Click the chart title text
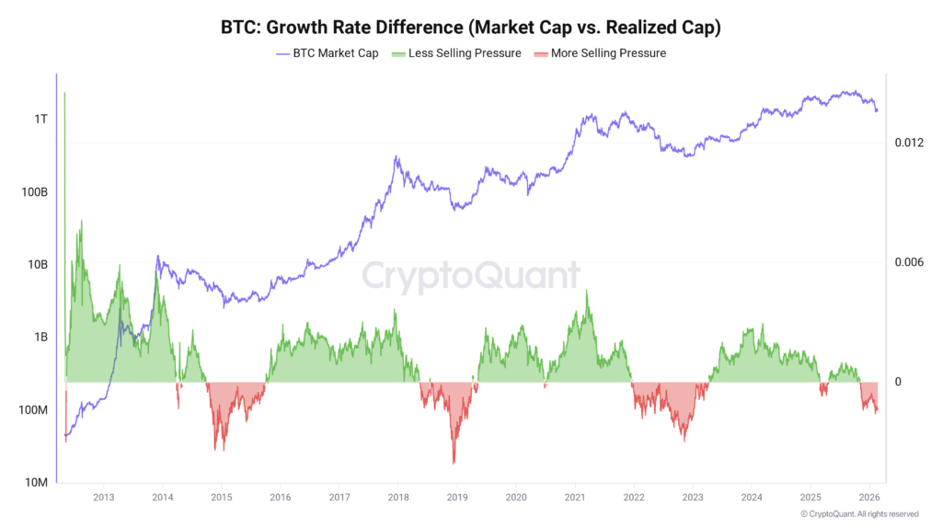click(471, 28)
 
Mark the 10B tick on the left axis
click(35, 265)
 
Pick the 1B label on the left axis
click(39, 338)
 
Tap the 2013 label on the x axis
click(103, 497)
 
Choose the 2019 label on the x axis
click(457, 497)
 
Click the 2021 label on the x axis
click(575, 497)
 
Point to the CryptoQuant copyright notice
click(859, 514)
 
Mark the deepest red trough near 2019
click(454, 462)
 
